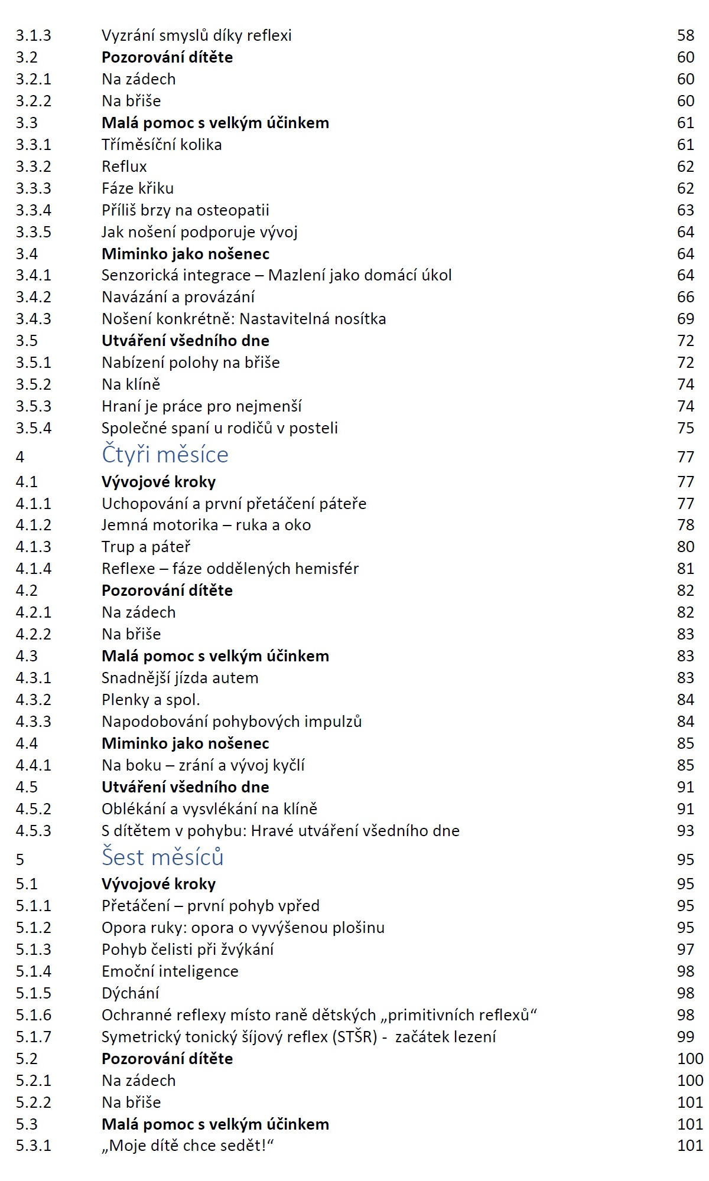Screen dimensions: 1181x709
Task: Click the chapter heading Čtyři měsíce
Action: point(165,455)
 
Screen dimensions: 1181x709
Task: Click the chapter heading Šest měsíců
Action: point(162,857)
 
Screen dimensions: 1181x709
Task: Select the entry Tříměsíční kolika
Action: point(161,145)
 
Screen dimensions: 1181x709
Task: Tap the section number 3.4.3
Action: point(34,319)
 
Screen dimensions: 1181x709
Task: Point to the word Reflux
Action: point(124,167)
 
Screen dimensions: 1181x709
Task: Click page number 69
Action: point(685,319)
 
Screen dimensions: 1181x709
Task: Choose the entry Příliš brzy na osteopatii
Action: point(185,210)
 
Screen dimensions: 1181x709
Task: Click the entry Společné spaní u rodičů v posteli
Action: point(219,428)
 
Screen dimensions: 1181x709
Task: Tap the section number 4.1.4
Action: point(34,569)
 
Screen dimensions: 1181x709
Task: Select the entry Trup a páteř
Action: point(146,547)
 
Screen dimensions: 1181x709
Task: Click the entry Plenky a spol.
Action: point(151,700)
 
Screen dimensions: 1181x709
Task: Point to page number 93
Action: point(685,831)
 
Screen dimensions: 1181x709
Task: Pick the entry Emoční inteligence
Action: point(170,971)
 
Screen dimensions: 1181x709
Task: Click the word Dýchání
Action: point(130,993)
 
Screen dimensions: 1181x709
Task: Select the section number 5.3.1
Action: point(34,1146)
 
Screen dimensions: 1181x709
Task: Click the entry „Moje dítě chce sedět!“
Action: point(187,1146)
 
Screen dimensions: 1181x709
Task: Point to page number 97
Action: point(685,950)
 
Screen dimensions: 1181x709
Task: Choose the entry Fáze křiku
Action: point(138,188)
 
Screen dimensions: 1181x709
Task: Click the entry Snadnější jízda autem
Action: point(180,678)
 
